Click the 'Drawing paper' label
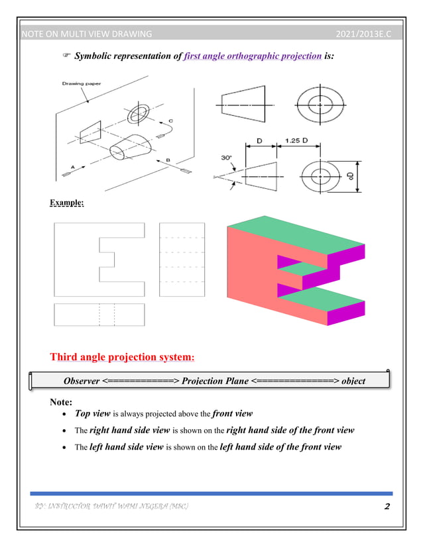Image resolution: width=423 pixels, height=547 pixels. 78,83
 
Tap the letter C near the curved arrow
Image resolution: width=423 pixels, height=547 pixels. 171,121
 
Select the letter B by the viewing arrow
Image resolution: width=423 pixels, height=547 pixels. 169,160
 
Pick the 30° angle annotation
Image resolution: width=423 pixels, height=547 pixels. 226,158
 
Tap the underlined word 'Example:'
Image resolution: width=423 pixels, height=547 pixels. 66,203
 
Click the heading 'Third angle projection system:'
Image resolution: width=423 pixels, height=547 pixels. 123,358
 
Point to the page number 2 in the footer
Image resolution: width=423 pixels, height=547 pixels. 387,507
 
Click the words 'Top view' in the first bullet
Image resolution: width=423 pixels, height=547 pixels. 92,414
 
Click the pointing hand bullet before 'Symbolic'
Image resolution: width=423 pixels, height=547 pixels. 66,57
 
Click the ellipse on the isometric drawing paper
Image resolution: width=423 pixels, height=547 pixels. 139,113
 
